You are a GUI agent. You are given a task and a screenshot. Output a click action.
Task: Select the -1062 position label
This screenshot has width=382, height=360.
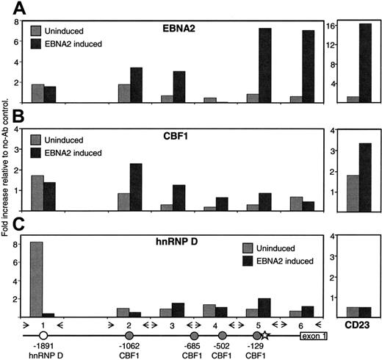coord(129,346)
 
